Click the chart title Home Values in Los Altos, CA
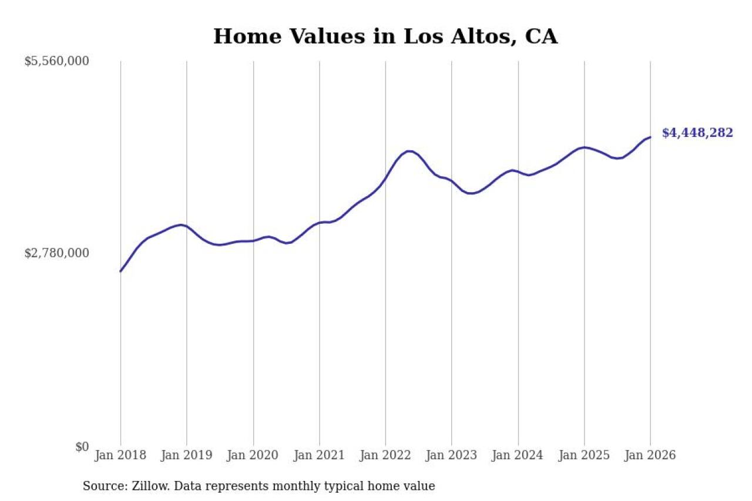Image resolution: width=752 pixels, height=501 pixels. pos(385,36)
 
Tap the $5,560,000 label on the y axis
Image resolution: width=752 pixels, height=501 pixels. pos(56,61)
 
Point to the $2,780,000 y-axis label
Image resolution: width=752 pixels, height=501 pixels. pos(56,253)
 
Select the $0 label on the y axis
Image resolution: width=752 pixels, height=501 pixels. pos(82,446)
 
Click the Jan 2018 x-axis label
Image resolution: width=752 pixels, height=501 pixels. pos(120,455)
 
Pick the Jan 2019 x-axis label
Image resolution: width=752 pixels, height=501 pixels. pos(187,455)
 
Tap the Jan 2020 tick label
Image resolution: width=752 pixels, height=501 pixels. pos(253,455)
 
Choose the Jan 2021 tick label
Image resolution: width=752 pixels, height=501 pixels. pos(320,455)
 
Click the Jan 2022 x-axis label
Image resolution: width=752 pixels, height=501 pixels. pos(385,455)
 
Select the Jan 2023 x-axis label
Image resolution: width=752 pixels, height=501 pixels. pos(452,455)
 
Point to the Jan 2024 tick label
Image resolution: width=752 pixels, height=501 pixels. pos(518,455)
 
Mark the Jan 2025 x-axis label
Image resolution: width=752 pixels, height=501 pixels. pos(585,455)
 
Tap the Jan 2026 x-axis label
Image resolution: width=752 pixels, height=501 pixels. pos(650,455)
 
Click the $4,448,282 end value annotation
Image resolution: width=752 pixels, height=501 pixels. pos(697,133)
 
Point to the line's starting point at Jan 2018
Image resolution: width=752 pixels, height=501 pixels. pos(120,271)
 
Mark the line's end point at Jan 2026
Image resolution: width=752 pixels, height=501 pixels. pos(650,137)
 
